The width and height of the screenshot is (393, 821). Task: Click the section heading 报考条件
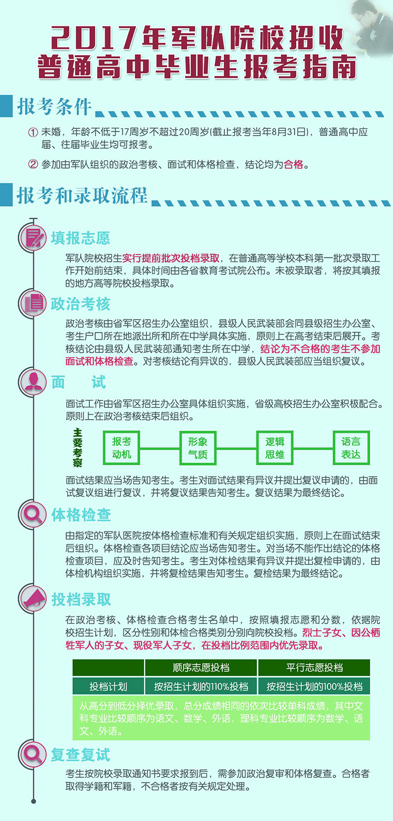54,107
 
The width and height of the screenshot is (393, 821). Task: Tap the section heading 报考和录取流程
82,195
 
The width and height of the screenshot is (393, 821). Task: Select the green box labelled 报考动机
122,448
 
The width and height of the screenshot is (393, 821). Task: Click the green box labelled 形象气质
198,448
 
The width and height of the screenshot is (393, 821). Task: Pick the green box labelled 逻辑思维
275,448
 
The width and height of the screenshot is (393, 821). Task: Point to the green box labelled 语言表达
351,448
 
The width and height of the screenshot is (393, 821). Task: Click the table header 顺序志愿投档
201,668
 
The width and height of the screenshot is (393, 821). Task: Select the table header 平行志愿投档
314,668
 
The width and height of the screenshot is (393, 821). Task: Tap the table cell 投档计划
108,686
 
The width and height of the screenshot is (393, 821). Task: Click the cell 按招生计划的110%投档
201,686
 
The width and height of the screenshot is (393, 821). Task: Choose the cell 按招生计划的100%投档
314,686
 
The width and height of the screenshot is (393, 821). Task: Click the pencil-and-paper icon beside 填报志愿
34,238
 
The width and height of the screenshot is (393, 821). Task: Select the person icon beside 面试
34,382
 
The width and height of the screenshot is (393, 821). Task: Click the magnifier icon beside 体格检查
34,514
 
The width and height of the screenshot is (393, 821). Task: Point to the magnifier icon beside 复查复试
34,754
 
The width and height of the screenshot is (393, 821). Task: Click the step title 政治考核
80,304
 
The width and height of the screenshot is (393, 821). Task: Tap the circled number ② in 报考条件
33,164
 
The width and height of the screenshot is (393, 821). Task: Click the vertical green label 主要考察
78,448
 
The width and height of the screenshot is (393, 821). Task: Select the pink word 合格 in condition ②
294,165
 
